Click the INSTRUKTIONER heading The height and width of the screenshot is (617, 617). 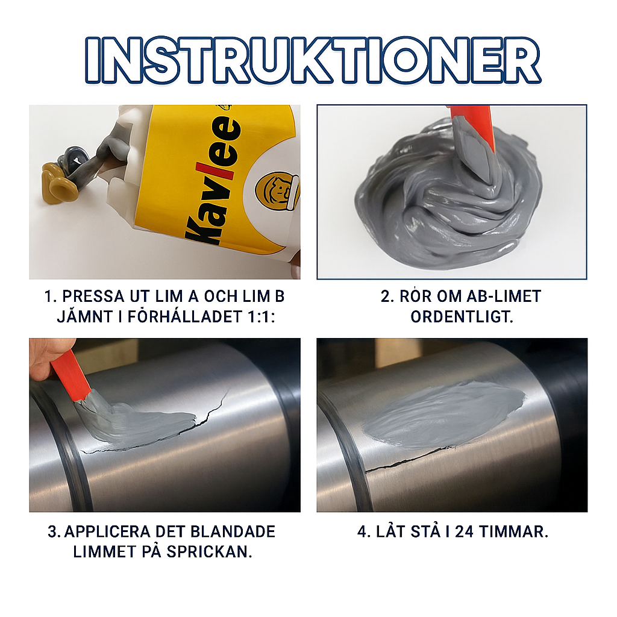[313, 60]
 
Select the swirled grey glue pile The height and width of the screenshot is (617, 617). [448, 197]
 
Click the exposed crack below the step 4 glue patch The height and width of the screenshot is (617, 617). [409, 460]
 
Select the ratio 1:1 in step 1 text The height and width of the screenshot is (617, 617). [260, 317]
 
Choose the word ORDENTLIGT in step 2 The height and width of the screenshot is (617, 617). [462, 317]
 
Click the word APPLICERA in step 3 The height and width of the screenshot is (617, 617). [107, 531]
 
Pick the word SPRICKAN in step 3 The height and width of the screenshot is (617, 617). [209, 552]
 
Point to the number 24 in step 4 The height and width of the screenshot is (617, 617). [465, 531]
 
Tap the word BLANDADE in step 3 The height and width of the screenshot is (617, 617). [233, 531]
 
